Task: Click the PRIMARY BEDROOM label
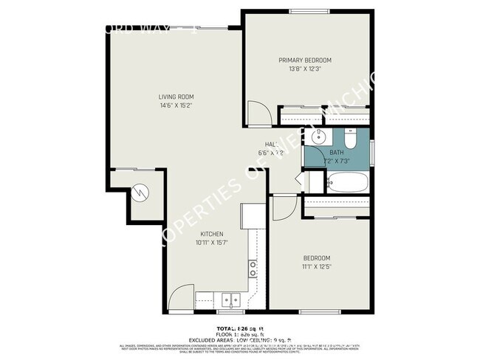(304, 60)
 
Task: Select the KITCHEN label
(210, 234)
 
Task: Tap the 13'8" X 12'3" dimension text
(304, 69)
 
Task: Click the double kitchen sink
(231, 300)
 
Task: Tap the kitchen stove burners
(253, 269)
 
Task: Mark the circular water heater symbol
(139, 193)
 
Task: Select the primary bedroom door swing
(258, 112)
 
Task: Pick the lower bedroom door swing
(284, 208)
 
